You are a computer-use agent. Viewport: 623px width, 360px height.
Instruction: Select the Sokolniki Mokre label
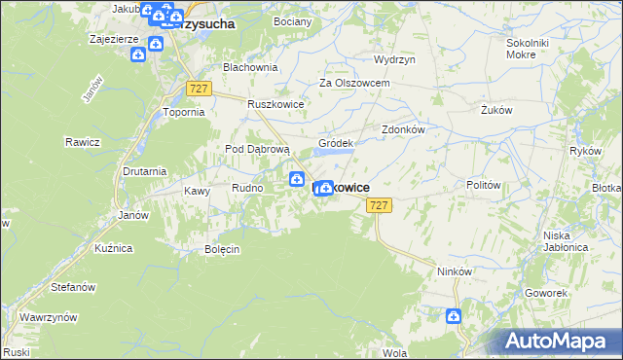pos(529,50)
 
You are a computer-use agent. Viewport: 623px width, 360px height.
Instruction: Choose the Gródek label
pos(335,143)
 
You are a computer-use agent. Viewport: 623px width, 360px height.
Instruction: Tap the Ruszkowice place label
pos(276,104)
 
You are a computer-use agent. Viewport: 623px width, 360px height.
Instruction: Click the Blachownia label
pos(250,68)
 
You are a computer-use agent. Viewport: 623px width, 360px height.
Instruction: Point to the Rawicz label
pos(84,142)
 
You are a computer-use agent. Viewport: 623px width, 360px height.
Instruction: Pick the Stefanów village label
pos(73,287)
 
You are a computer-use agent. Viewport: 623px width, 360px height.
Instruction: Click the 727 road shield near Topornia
pos(199,89)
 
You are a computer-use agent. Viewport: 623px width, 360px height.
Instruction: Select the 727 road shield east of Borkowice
pos(380,204)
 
